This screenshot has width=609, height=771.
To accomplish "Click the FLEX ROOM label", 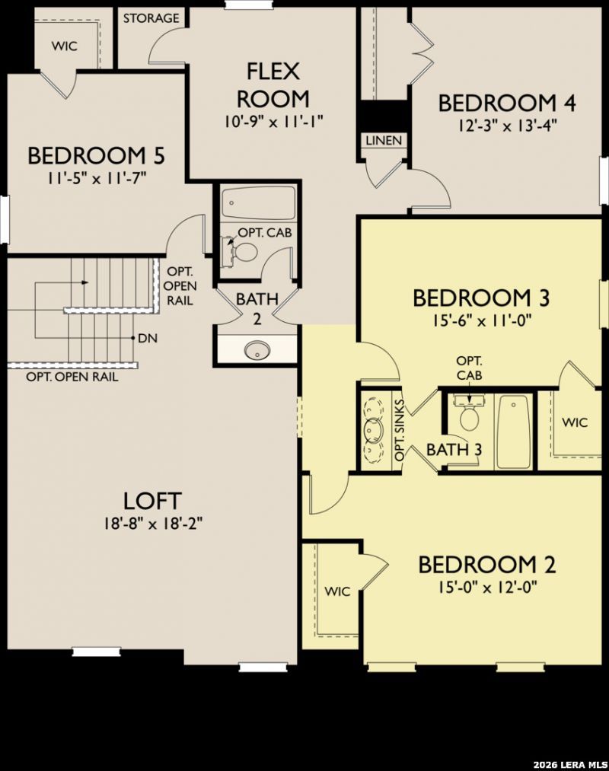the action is coord(273,85).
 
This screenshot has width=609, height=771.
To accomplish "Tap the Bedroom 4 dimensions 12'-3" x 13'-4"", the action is coord(507,126).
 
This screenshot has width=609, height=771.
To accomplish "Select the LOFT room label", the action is coord(152,501).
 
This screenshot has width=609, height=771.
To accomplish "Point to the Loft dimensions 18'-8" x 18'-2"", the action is coord(153,524).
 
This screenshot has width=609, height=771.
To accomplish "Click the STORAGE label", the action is coord(151,19).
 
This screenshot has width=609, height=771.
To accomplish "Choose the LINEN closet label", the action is coord(384,141).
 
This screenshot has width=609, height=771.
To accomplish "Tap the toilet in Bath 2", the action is coord(245,252).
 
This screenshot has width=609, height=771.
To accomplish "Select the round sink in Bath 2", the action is coord(257,349).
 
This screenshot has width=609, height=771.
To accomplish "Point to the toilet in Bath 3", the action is coord(470,418).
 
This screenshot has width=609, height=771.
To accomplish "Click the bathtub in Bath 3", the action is coord(514,432).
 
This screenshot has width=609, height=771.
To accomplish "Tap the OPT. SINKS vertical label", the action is coord(400,430).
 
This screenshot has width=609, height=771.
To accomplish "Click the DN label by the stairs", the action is coord(148,338).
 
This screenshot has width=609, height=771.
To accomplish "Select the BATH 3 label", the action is coord(454,449).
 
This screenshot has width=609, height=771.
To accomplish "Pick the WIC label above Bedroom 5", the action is coord(65,46).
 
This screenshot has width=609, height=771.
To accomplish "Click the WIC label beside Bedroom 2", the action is coord(337,591).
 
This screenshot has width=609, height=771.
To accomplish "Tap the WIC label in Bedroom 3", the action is coord(575,422).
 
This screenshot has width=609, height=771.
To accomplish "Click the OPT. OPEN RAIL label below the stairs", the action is coord(72,378).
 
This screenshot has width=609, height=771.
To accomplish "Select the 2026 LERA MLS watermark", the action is coord(570,765).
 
